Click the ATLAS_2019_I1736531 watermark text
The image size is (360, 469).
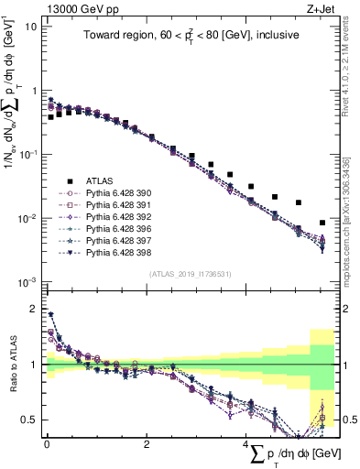click(x=190, y=273)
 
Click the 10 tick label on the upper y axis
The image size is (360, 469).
click(x=31, y=27)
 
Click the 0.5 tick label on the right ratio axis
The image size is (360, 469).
click(x=345, y=420)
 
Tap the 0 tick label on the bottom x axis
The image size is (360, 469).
click(x=47, y=443)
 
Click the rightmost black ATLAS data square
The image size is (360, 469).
click(x=322, y=223)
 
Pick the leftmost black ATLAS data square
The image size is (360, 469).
click(x=50, y=117)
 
